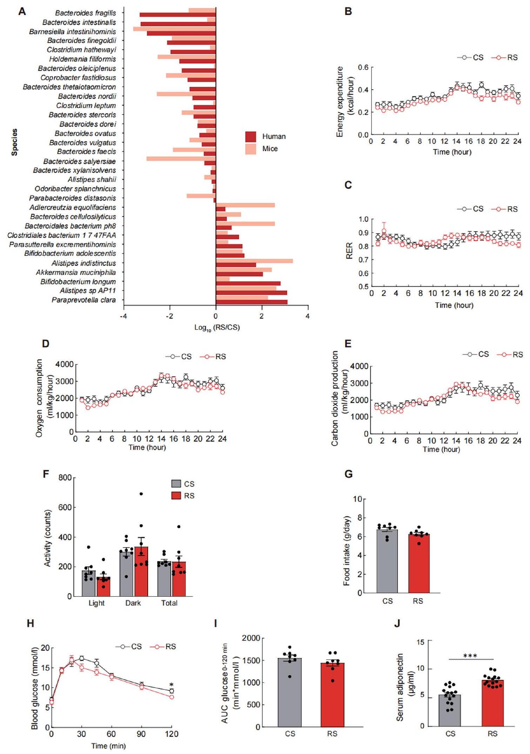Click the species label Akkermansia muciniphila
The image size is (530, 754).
coord(76,272)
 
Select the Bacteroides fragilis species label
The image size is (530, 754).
coord(85,13)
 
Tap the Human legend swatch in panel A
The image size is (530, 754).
coord(250,136)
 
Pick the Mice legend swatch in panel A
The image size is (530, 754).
coord(250,149)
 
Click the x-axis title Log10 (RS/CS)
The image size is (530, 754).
coord(217,328)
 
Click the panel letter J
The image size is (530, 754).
coord(397,623)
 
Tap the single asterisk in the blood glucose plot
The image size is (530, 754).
coord(172,685)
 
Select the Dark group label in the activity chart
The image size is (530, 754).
coord(133,603)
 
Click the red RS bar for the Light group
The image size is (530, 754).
coord(103,587)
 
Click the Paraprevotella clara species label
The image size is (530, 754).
coord(83,300)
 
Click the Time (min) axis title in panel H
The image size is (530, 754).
coord(108,746)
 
